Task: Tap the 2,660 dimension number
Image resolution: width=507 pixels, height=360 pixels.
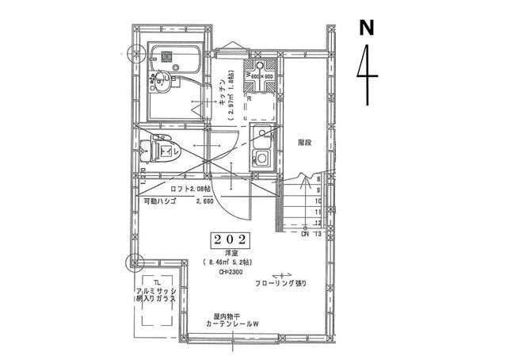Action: [204, 203]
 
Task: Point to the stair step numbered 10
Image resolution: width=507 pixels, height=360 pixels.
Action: [318, 201]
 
